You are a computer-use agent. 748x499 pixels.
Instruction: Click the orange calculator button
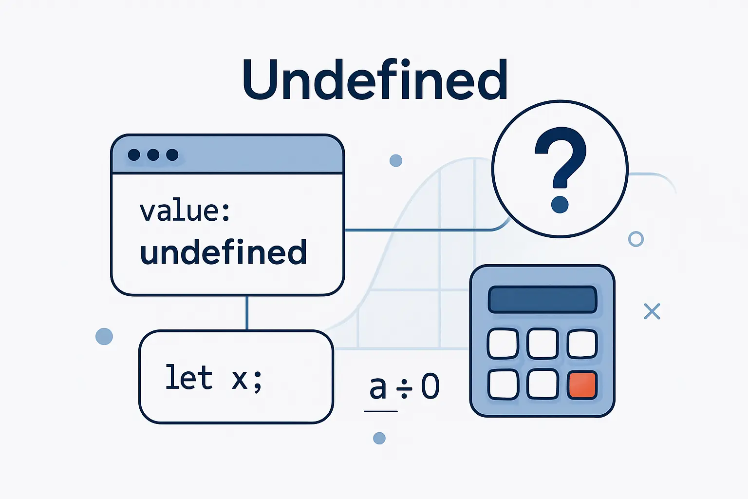pyautogui.click(x=582, y=384)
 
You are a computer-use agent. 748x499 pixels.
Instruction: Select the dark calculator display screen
pyautogui.click(x=542, y=300)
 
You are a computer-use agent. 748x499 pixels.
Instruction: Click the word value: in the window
pyautogui.click(x=185, y=211)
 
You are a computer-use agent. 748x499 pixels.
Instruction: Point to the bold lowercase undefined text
pyautogui.click(x=223, y=251)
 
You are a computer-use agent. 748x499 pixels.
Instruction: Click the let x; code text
pyautogui.click(x=214, y=378)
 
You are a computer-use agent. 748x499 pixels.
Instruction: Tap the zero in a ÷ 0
pyautogui.click(x=430, y=386)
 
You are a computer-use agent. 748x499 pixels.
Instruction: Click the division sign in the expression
pyautogui.click(x=404, y=388)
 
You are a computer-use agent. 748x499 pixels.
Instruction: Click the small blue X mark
pyautogui.click(x=652, y=311)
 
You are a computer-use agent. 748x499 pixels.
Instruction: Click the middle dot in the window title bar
pyautogui.click(x=153, y=155)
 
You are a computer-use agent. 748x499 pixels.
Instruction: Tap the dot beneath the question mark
pyautogui.click(x=560, y=205)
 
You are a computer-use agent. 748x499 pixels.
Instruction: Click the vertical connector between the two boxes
pyautogui.click(x=247, y=313)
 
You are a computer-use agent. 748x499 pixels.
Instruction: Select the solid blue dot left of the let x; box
pyautogui.click(x=104, y=336)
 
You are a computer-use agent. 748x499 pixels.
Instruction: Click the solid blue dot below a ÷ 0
pyautogui.click(x=379, y=438)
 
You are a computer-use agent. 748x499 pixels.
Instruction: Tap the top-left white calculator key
pyautogui.click(x=503, y=344)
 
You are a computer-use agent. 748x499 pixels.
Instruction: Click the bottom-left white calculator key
pyautogui.click(x=503, y=384)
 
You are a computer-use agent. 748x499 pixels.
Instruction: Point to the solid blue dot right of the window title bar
pyautogui.click(x=396, y=161)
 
